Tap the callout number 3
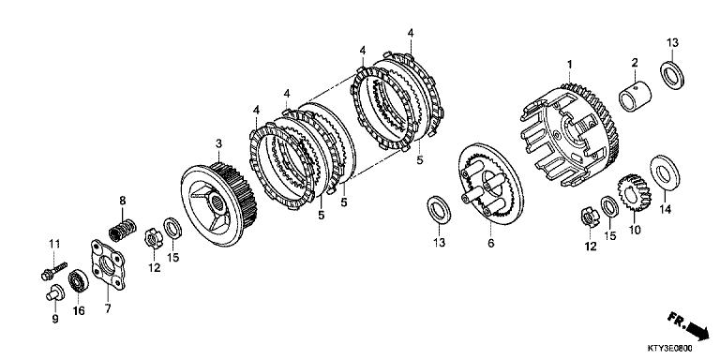tap(218, 142)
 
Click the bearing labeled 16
tap(79, 280)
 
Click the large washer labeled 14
tap(664, 172)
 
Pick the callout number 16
tap(80, 311)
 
